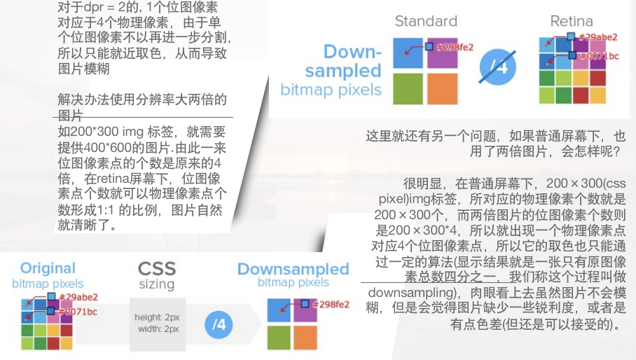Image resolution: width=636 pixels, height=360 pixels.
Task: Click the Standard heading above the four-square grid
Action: click(x=426, y=21)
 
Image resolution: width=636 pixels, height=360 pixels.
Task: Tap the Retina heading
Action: click(x=572, y=21)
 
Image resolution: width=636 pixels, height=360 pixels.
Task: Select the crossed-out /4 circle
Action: click(x=498, y=67)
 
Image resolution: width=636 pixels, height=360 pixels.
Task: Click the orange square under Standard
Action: click(x=443, y=89)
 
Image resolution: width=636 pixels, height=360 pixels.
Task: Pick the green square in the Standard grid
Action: click(x=408, y=89)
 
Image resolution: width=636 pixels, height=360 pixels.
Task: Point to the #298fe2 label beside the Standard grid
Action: click(x=455, y=48)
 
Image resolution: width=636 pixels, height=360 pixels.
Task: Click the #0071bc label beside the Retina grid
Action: click(x=600, y=56)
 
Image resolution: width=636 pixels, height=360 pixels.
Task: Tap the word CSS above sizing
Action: click(x=157, y=268)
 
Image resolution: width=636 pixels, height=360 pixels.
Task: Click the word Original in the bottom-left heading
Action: click(x=48, y=268)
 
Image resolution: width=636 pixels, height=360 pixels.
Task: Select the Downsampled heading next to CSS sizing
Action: click(x=293, y=269)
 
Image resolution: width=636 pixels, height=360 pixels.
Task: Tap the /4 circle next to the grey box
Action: click(x=219, y=324)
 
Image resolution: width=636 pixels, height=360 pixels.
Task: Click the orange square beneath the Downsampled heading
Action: click(x=305, y=338)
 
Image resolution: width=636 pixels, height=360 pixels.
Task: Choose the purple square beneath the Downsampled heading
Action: click(x=305, y=310)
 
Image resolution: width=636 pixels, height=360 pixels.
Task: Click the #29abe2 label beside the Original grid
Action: click(x=78, y=297)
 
